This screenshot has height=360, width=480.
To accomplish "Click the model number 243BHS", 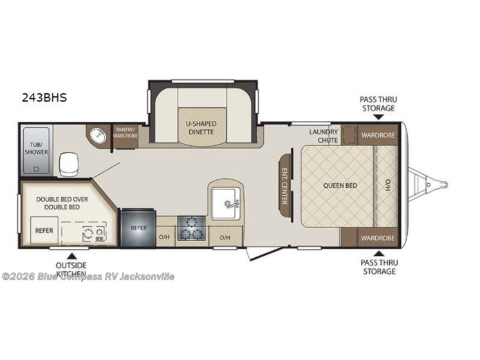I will (44, 99).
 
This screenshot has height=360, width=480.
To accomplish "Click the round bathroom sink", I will (99, 136).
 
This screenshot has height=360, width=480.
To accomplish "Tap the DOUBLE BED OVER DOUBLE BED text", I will (62, 203).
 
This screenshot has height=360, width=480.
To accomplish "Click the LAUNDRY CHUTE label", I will (323, 135).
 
